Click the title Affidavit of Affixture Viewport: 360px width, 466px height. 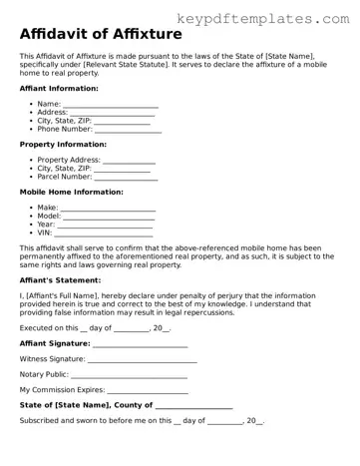[x=101, y=35]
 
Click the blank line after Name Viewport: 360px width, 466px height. [x=111, y=105]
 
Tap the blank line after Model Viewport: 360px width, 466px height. [x=110, y=217]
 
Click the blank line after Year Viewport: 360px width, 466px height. [x=107, y=225]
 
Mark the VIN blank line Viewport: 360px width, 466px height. [x=103, y=233]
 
